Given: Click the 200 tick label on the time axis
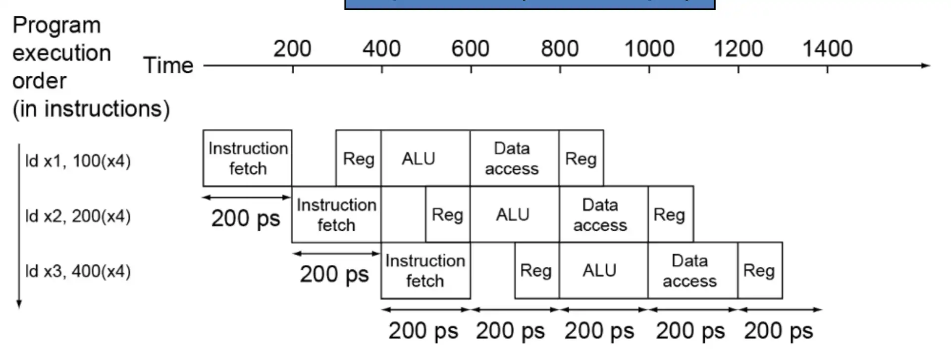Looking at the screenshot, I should point(292,49).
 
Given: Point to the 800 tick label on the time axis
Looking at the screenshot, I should point(560,49).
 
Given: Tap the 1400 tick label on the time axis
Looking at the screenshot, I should point(827,49).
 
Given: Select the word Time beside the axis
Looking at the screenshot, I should point(168,65).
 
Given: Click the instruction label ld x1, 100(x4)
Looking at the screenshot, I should point(78,161).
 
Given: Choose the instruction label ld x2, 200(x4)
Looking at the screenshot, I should point(78,216).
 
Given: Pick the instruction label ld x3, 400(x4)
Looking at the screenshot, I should point(78,271).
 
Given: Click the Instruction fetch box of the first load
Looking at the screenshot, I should point(247,158).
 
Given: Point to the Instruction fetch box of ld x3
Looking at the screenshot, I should point(425,270).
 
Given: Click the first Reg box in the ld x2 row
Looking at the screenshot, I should point(447,214).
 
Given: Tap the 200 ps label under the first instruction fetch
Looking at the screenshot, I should point(246,218).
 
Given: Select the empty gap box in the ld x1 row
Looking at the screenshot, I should point(314,158).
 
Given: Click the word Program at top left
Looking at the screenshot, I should point(56,25).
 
